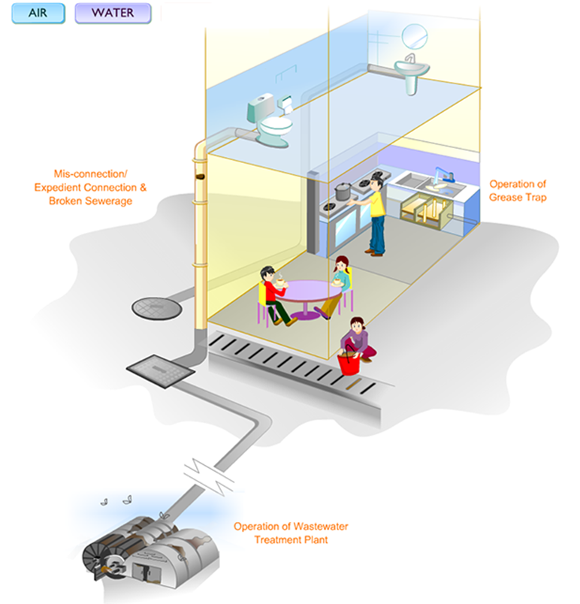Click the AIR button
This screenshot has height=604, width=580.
(x=38, y=13)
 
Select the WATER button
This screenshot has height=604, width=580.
(x=113, y=13)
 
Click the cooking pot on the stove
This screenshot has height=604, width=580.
(x=343, y=191)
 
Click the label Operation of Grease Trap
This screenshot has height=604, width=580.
(x=518, y=190)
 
